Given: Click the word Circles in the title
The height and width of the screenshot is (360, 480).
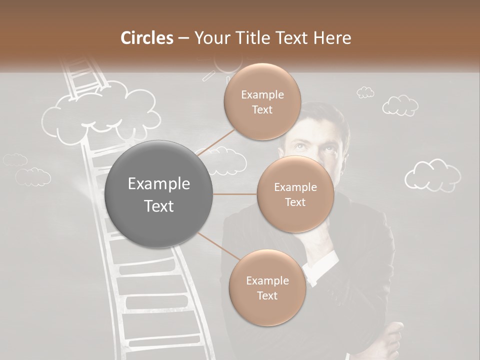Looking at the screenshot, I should pyautogui.click(x=147, y=38).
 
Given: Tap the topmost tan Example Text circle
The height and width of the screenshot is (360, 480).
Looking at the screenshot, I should pyautogui.click(x=262, y=102).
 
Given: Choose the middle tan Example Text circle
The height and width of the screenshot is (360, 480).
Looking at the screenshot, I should pyautogui.click(x=295, y=194).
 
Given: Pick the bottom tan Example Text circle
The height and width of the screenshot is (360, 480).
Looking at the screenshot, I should pyautogui.click(x=267, y=288).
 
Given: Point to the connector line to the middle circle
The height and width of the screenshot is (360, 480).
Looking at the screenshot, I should pyautogui.click(x=235, y=194).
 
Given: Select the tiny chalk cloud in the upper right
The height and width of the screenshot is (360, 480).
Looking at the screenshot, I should pyautogui.click(x=365, y=92).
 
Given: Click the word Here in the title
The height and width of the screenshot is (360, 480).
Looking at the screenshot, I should pyautogui.click(x=332, y=38).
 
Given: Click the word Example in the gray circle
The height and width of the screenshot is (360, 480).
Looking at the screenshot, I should pyautogui.click(x=159, y=184).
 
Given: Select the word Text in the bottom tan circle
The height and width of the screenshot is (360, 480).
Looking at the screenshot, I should pyautogui.click(x=267, y=295).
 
